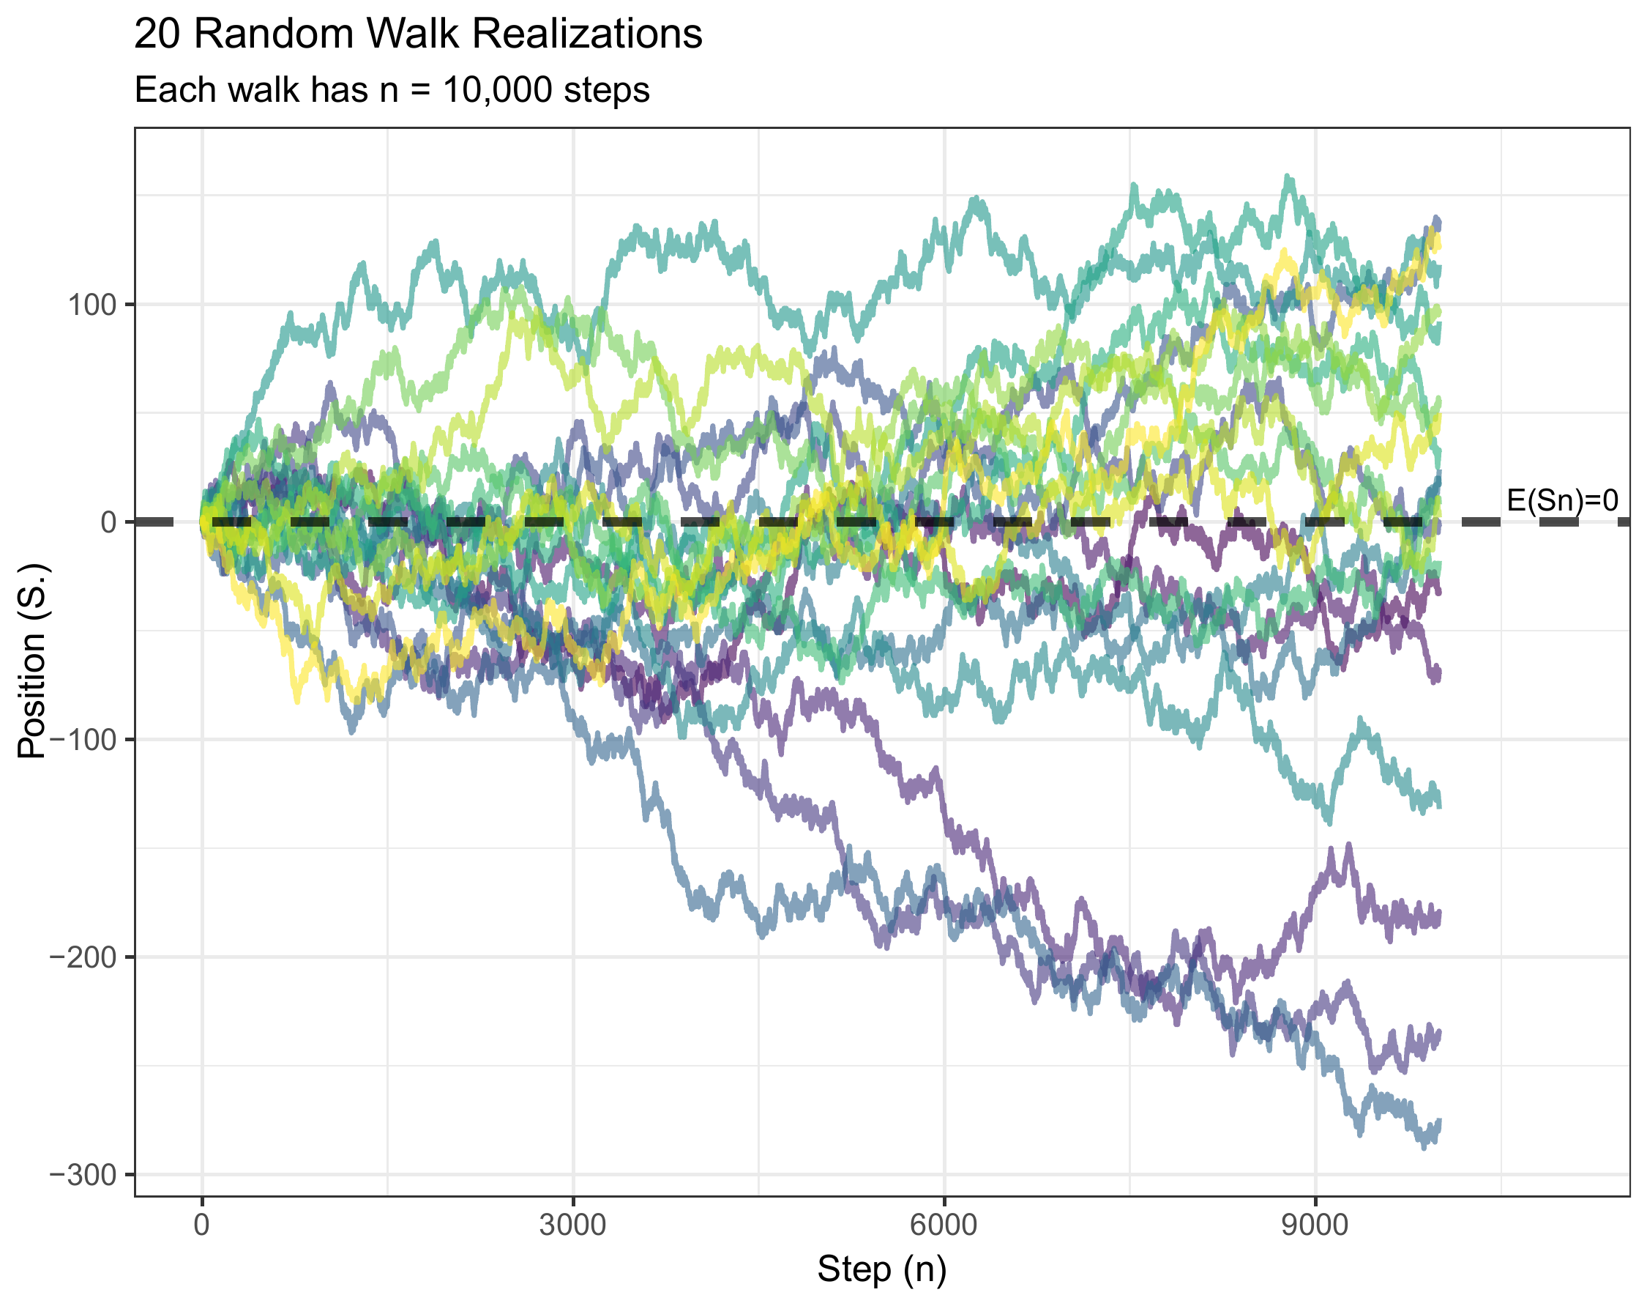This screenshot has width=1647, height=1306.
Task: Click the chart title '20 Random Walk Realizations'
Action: [x=417, y=34]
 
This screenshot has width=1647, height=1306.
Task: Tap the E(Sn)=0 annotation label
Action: [x=1562, y=500]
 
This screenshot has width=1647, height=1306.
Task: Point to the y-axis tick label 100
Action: [x=92, y=305]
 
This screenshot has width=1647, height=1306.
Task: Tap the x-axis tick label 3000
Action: [x=572, y=1225]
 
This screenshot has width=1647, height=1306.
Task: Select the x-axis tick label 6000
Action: [x=944, y=1225]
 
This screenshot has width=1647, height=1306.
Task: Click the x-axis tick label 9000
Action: [x=1315, y=1225]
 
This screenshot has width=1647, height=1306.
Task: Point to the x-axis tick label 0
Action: [x=202, y=1225]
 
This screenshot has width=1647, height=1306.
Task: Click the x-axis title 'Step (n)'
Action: [x=881, y=1269]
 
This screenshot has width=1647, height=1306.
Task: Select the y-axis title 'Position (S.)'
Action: [x=32, y=661]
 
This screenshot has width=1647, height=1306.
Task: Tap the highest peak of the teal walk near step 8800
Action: [x=1289, y=177]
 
